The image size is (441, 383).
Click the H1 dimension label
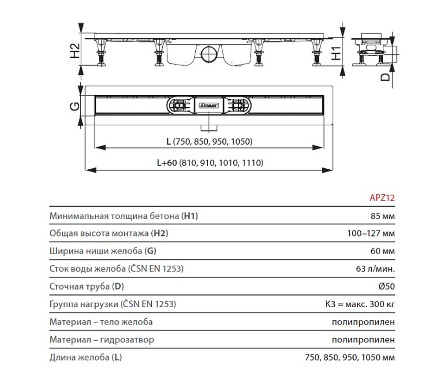(x=336, y=52)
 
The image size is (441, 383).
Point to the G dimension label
(x=75, y=106)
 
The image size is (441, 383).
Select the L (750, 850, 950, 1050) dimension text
(x=209, y=141)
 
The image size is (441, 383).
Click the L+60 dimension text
(x=209, y=163)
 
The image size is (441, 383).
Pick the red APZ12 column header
(x=381, y=198)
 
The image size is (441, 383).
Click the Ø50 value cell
(x=386, y=286)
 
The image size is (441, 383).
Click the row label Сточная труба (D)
(x=87, y=286)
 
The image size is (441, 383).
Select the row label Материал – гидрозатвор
(x=102, y=340)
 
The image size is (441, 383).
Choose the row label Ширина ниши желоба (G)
(x=103, y=251)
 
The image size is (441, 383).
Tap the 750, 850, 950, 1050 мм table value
(x=349, y=357)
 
